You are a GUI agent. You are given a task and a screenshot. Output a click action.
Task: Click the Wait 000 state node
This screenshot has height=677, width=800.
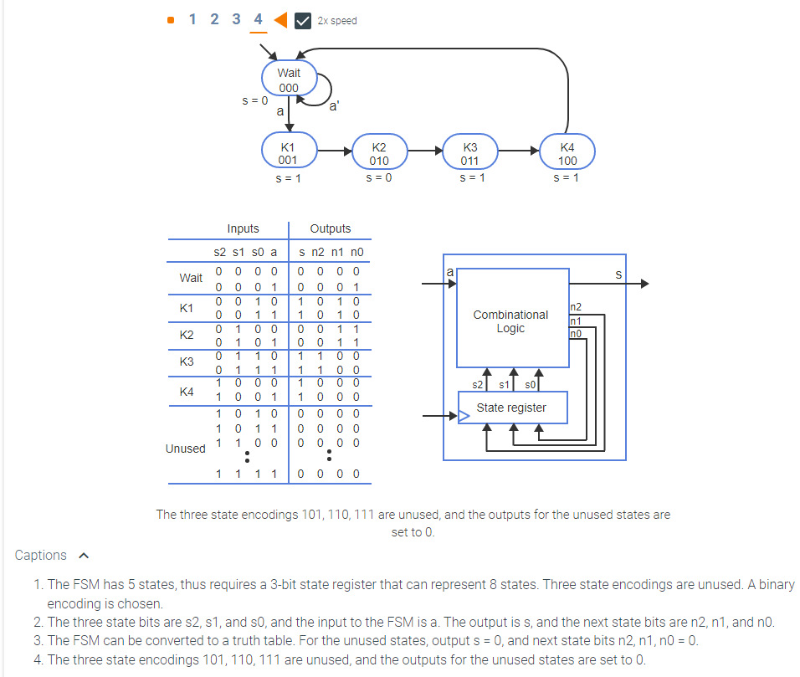point(289,79)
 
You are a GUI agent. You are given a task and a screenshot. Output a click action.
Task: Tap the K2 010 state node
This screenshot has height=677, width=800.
point(379,153)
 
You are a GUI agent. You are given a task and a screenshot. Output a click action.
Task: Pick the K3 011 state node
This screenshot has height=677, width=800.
point(470,153)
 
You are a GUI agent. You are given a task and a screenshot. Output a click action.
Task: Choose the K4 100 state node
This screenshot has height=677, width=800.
point(567,153)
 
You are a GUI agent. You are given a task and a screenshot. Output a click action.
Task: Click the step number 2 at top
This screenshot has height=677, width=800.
point(215,19)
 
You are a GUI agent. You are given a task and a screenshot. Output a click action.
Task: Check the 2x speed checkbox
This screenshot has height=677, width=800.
point(304,20)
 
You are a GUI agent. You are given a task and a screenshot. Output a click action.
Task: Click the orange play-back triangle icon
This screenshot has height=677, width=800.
point(280,19)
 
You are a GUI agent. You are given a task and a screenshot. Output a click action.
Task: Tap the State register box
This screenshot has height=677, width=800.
point(511,408)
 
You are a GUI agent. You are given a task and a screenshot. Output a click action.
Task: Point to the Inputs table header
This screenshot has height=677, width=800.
point(243,228)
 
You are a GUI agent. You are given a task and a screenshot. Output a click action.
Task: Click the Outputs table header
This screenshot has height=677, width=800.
point(331,228)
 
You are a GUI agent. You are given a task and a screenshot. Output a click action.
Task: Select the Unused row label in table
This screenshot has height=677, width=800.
point(185,449)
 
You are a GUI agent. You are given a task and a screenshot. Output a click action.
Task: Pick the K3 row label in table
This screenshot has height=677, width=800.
point(187,362)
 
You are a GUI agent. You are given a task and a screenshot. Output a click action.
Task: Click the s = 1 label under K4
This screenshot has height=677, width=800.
point(567,178)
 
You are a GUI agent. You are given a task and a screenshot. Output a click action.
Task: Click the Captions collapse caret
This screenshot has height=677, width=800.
point(83,556)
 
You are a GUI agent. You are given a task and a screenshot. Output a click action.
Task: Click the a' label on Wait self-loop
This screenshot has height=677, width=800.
point(334,106)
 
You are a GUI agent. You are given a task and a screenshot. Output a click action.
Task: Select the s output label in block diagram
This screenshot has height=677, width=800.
point(618,274)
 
